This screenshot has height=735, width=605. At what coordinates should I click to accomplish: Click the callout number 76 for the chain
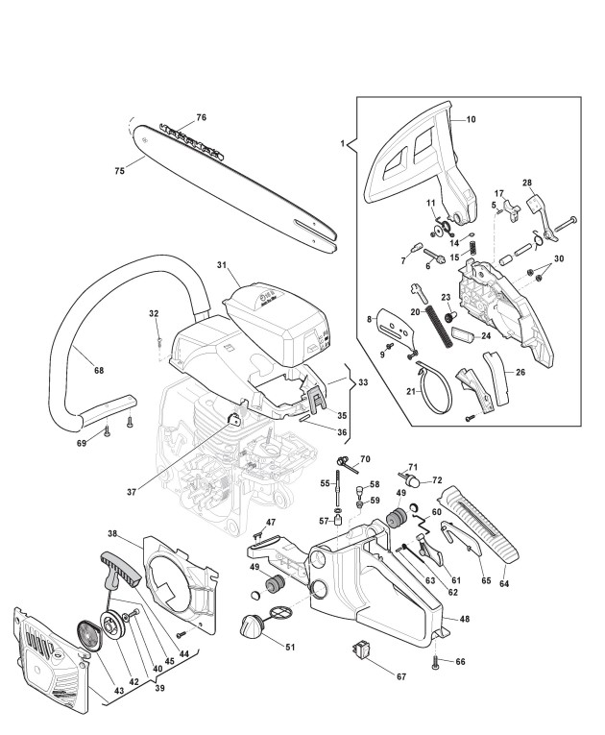201,117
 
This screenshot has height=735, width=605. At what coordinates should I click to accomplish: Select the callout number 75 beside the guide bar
119,171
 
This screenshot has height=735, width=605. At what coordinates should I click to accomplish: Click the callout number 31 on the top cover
222,265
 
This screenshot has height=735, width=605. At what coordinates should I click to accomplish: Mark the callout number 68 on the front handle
98,370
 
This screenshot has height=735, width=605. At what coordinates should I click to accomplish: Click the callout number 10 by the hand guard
471,119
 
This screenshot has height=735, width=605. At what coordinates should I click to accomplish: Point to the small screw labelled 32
159,340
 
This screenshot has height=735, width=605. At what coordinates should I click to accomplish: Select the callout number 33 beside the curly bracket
363,382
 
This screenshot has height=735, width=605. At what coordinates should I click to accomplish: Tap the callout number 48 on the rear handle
465,619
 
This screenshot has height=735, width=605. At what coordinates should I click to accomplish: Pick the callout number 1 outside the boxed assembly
343,143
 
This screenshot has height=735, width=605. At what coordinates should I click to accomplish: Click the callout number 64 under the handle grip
504,584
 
